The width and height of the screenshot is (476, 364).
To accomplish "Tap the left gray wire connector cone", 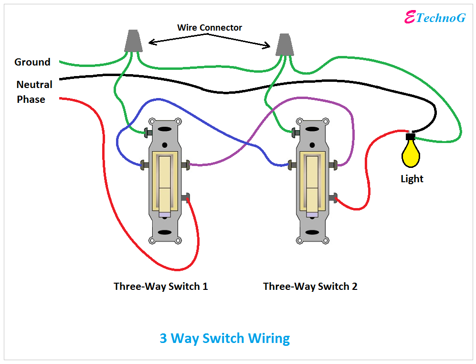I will click(133, 42).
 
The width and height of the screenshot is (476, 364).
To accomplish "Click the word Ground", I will click(32, 62).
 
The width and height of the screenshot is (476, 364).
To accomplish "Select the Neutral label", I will click(34, 85).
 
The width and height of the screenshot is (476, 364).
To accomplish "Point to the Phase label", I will click(31, 99).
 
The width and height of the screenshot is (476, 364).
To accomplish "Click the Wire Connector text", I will click(210, 28).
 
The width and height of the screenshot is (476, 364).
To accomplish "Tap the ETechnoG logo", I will click(434, 18).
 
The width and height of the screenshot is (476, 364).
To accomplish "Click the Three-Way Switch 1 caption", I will click(160, 287).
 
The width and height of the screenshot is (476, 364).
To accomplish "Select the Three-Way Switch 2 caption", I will click(310, 287).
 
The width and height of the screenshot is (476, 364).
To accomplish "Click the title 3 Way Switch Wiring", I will click(224, 339).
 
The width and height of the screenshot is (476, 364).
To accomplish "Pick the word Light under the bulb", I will click(412, 179).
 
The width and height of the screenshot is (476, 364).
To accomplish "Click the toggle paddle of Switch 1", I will click(165, 182).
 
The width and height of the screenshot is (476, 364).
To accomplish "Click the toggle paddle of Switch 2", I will click(313, 182).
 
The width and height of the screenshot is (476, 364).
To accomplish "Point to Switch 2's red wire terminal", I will click(335, 197).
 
